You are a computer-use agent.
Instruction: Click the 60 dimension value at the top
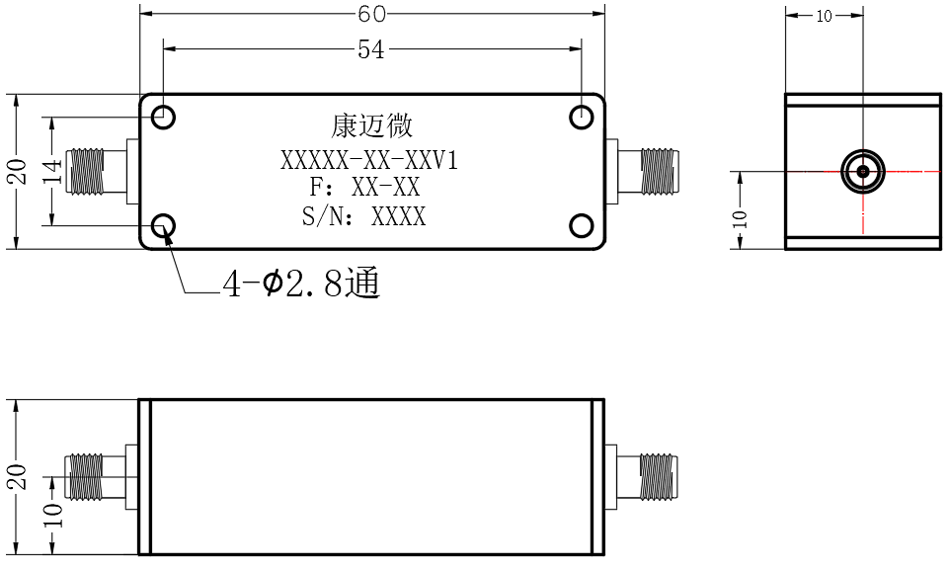(x=371, y=13)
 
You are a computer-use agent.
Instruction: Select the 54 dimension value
(x=370, y=49)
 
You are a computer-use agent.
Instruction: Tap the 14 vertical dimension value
(x=52, y=172)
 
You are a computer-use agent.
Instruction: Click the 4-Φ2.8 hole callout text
(x=301, y=284)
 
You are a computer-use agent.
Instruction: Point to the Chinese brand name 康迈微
(x=371, y=126)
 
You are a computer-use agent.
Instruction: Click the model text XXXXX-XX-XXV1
(x=369, y=160)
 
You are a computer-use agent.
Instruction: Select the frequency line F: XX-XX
(x=364, y=187)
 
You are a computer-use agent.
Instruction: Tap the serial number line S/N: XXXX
(x=363, y=216)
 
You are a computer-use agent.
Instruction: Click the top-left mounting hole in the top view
(x=163, y=117)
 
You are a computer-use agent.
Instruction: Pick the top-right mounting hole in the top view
(x=582, y=117)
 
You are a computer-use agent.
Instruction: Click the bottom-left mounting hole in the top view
(x=163, y=226)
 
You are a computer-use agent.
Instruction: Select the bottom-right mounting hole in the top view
(x=582, y=226)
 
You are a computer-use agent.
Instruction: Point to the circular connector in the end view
(x=863, y=171)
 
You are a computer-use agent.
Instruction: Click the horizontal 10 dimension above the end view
(x=825, y=16)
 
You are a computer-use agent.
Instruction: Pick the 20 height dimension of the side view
(x=18, y=476)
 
